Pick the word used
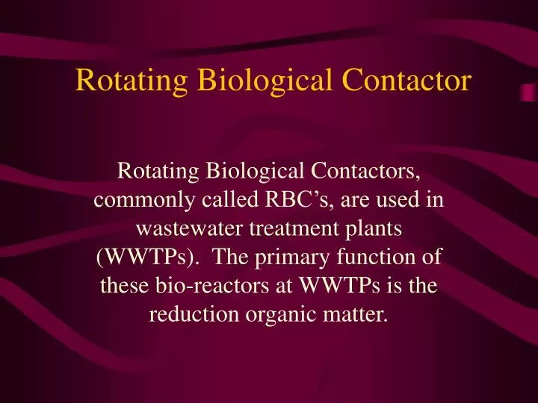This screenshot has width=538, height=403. point(400,202)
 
